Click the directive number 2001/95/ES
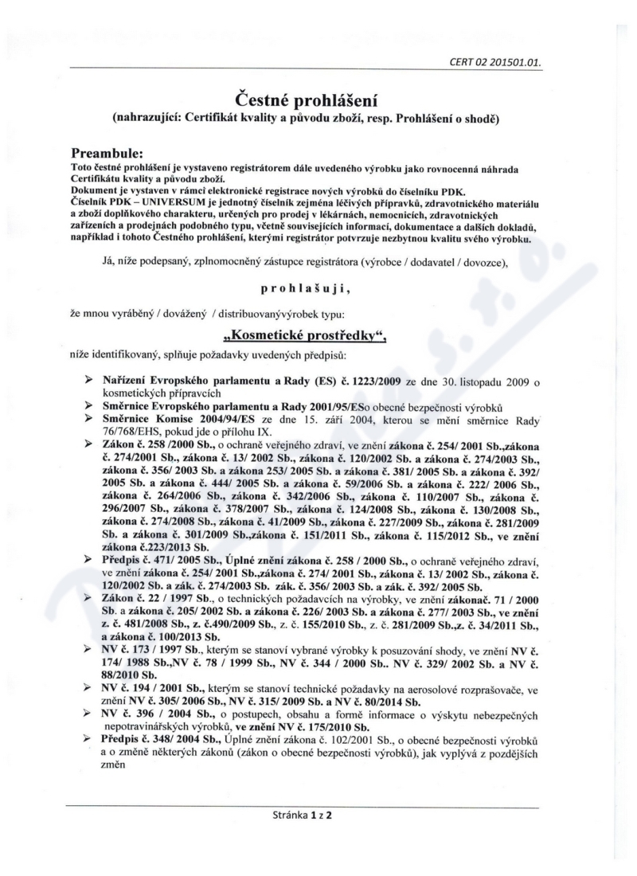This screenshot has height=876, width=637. click(x=357, y=406)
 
